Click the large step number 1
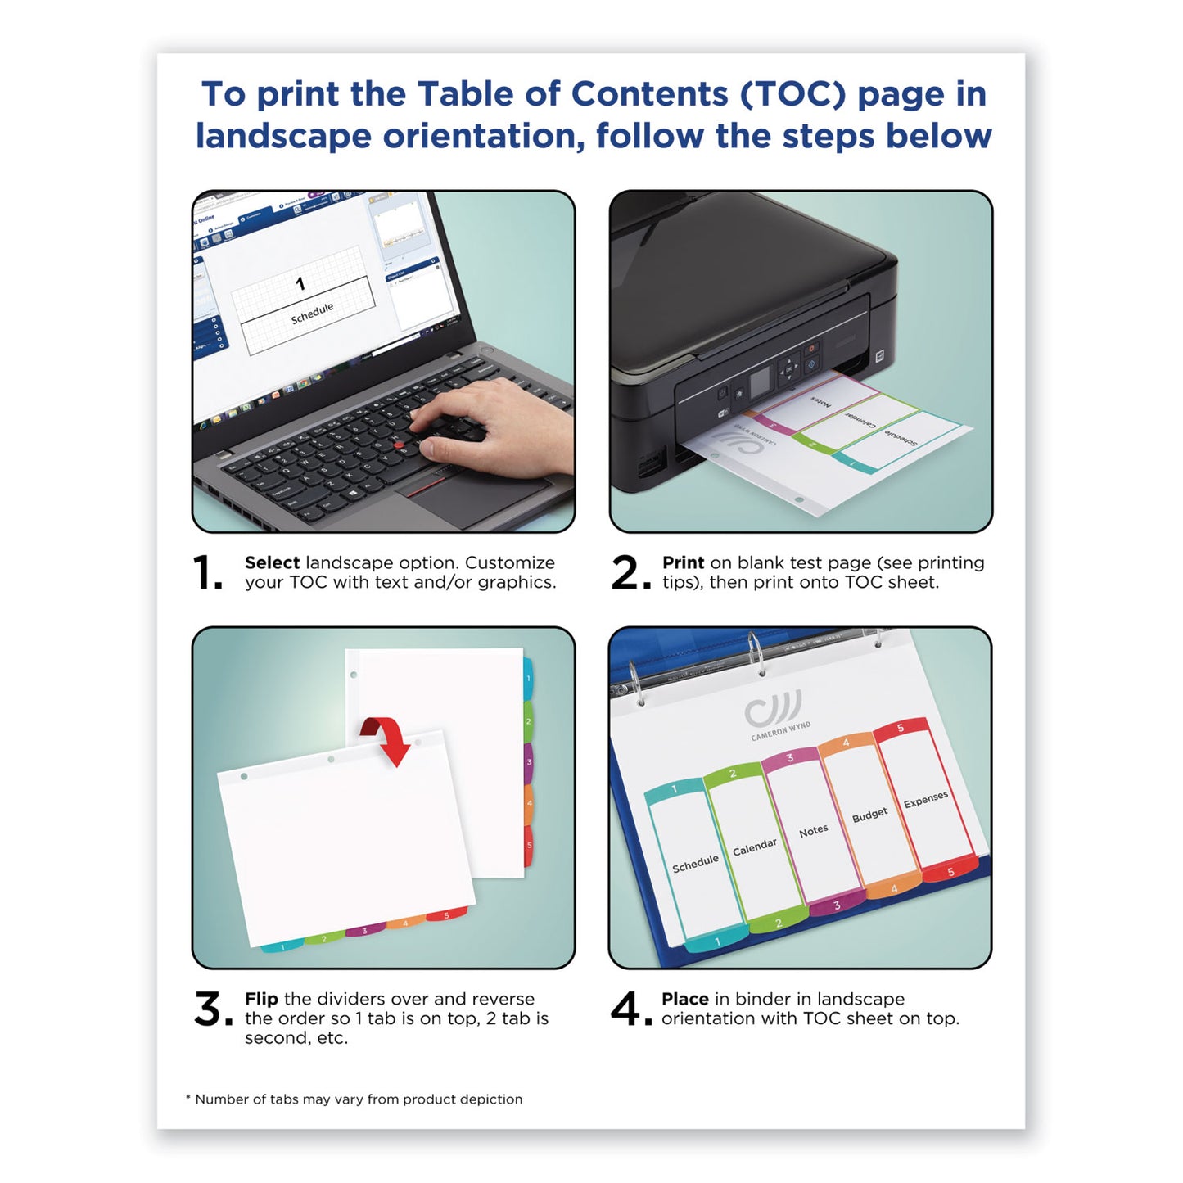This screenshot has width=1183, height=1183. (x=205, y=572)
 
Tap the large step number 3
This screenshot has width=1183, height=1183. (x=210, y=1009)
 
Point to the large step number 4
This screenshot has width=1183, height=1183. (x=627, y=1009)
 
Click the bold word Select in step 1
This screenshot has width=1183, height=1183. (x=272, y=562)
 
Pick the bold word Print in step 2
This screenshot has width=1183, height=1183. (x=683, y=562)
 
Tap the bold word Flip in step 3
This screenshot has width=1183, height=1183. (x=261, y=999)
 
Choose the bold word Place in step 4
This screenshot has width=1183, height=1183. (x=684, y=999)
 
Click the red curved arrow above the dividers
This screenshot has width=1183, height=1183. (x=387, y=738)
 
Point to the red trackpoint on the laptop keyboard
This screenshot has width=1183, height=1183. (x=400, y=445)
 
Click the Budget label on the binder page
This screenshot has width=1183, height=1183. (x=869, y=815)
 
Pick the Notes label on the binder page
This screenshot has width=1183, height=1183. (x=813, y=831)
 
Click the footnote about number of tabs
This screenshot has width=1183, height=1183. (x=354, y=1099)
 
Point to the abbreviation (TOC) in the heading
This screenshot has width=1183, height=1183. (x=792, y=94)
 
